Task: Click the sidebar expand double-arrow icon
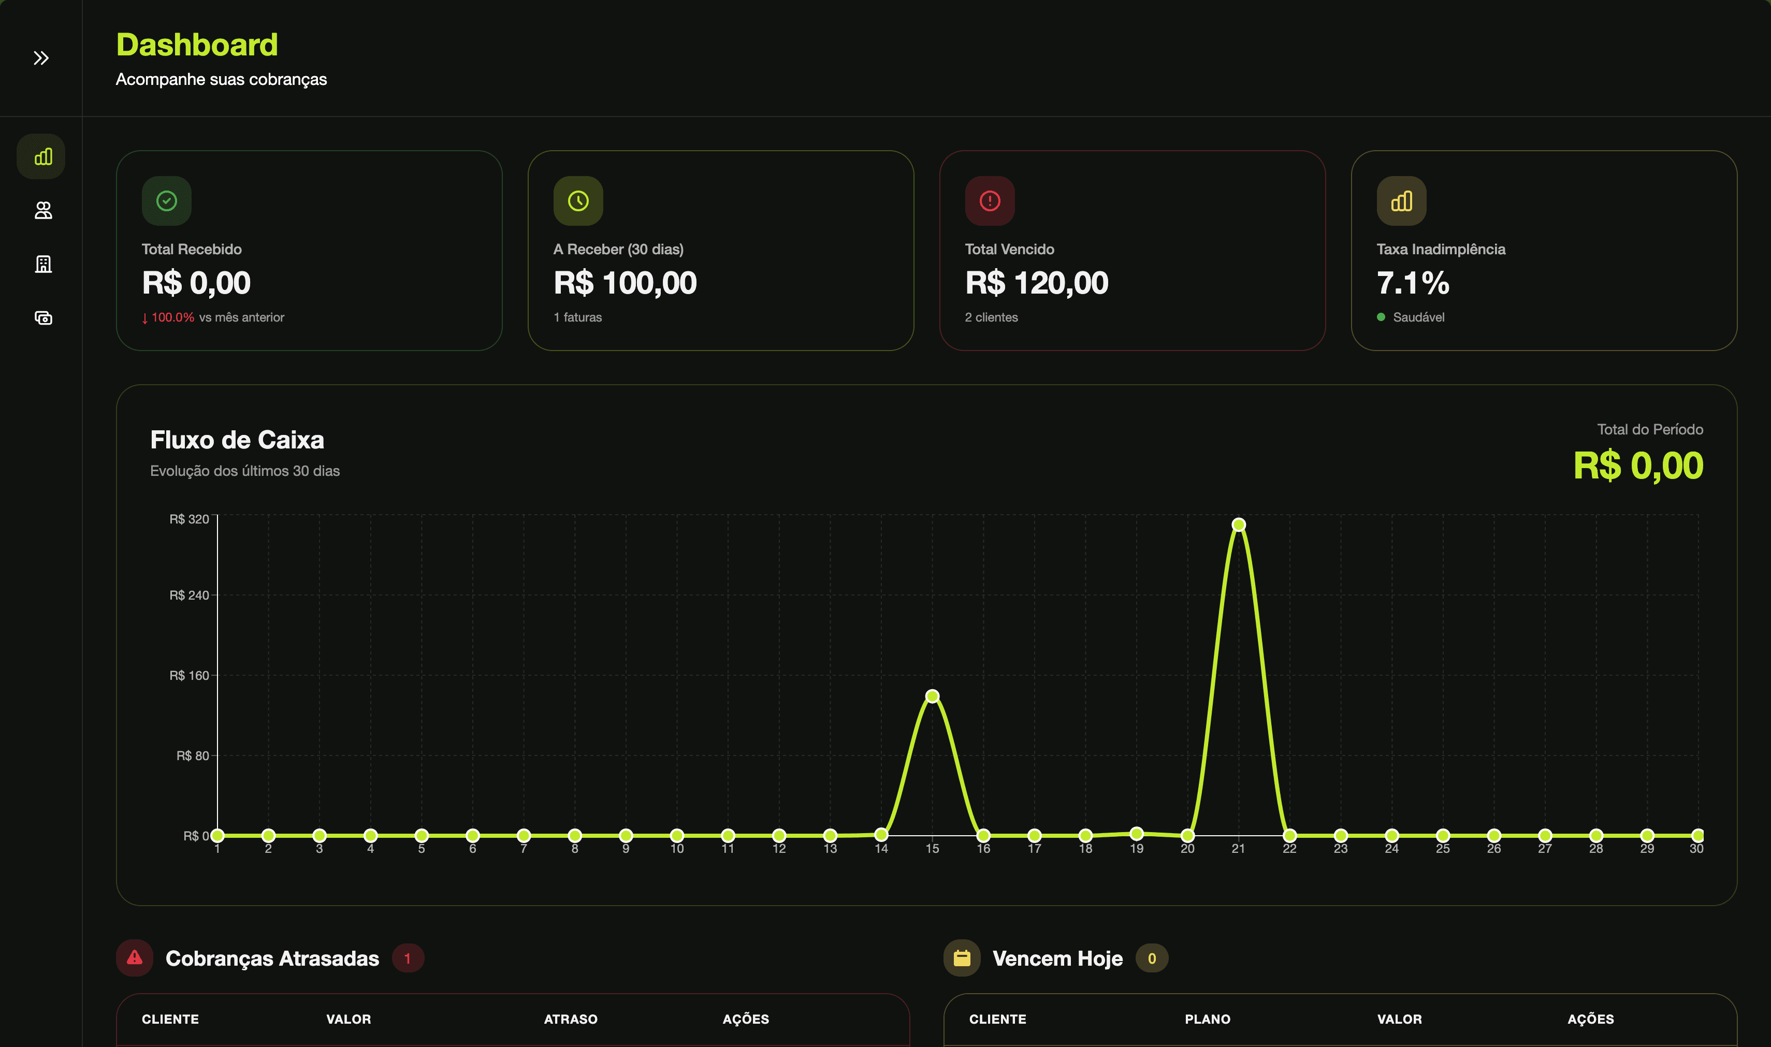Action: click(41, 58)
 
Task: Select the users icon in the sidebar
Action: click(43, 210)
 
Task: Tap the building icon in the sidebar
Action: click(43, 264)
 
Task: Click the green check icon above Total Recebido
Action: click(167, 201)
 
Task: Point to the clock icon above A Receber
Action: click(578, 201)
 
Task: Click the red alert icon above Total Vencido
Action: click(990, 201)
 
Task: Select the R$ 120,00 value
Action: click(1037, 283)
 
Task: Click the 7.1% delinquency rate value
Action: click(1413, 283)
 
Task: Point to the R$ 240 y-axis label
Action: click(189, 595)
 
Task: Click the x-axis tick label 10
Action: click(677, 849)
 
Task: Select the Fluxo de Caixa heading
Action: click(237, 440)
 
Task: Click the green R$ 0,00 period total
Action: click(1637, 466)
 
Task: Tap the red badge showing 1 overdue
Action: click(407, 958)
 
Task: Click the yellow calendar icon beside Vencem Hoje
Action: click(962, 958)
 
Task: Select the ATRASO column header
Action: click(570, 1019)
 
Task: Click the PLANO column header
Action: click(1207, 1019)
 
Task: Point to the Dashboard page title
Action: click(197, 45)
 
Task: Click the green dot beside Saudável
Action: click(1381, 317)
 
